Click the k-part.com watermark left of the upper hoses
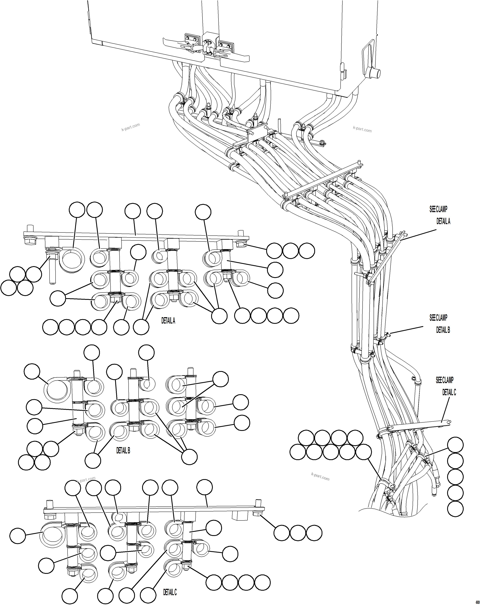pyautogui.click(x=131, y=127)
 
